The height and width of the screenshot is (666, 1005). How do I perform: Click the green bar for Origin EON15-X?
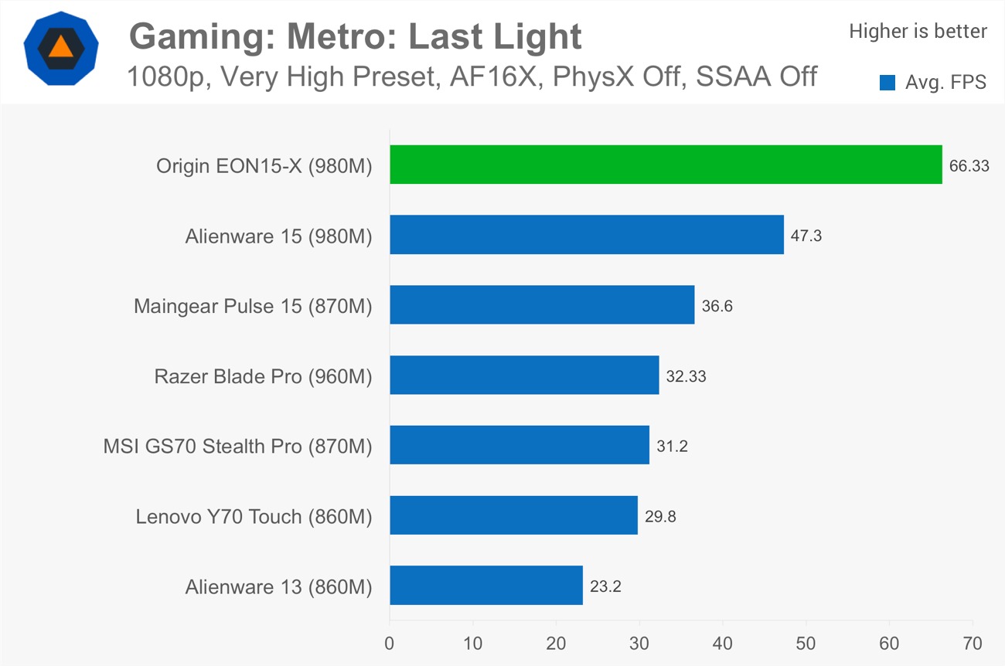(665, 165)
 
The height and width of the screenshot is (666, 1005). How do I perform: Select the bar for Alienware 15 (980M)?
(586, 235)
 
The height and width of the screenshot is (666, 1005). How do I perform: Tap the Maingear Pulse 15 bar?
(541, 305)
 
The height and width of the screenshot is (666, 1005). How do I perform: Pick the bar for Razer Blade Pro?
(523, 375)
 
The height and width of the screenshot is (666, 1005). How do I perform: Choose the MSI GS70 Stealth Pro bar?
(519, 445)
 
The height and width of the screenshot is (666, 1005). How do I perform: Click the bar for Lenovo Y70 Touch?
(513, 515)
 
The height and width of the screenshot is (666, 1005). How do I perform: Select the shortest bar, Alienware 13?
(485, 586)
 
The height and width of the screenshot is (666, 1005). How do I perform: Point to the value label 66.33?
(969, 165)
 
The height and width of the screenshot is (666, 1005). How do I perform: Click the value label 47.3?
(806, 236)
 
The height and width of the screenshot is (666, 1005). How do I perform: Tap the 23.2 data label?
(605, 586)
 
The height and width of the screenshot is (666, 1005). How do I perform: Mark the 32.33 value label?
(686, 376)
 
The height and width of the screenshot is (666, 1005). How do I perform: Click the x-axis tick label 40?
(723, 643)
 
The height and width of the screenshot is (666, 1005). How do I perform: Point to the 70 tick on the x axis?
(972, 643)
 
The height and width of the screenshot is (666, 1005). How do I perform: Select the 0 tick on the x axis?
(390, 643)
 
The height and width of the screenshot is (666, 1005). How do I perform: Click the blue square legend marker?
(887, 83)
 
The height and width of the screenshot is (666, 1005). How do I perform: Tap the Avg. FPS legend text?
(945, 83)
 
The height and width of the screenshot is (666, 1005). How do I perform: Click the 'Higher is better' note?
(918, 31)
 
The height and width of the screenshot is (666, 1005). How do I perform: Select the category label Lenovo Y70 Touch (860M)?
(254, 516)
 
